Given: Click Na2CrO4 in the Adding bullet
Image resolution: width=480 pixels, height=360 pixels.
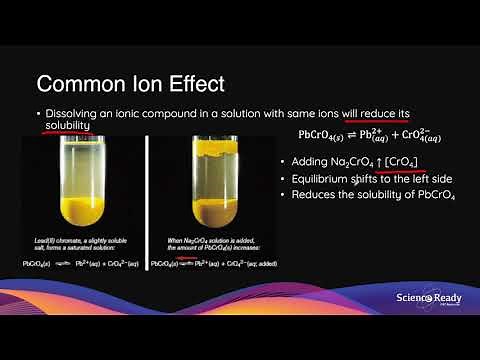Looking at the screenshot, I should [x=349, y=162].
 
